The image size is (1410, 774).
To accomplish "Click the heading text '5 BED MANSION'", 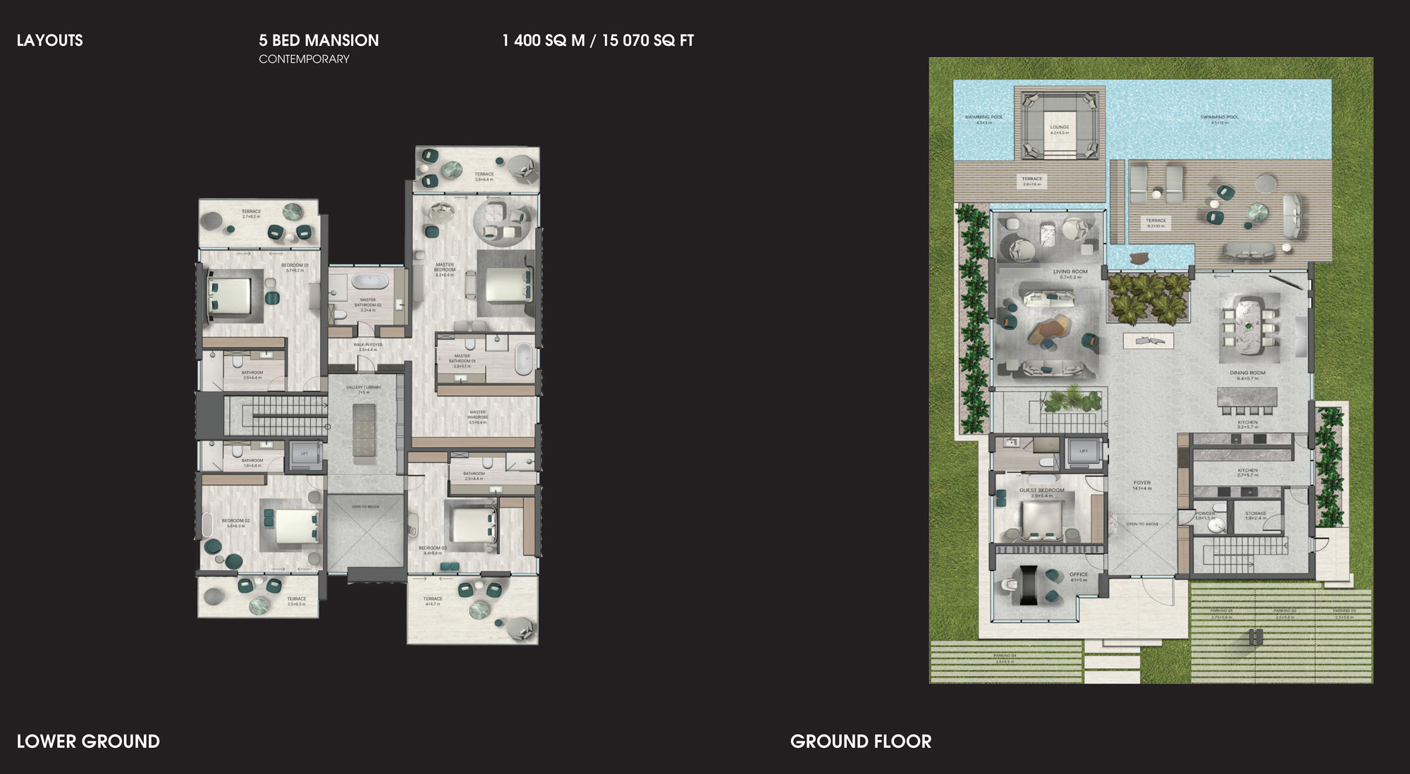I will (x=319, y=41).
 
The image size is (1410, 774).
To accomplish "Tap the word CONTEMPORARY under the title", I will (x=304, y=59).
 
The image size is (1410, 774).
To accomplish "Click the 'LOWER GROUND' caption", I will (x=88, y=742).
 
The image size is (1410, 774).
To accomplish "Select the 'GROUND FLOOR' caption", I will (x=861, y=742).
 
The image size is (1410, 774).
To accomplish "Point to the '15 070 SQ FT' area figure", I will (x=648, y=41).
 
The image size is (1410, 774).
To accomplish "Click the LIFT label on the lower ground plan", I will (x=305, y=454).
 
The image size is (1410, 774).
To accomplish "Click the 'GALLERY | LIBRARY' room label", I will (x=364, y=388).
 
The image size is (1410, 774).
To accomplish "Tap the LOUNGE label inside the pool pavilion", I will (x=1060, y=128).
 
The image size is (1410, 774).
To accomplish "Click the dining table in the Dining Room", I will (x=1249, y=321).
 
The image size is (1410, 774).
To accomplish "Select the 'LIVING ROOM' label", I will (x=1070, y=272).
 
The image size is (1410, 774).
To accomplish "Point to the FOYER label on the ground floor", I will (x=1142, y=484).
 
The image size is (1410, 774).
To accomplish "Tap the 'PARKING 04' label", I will (x=1005, y=656).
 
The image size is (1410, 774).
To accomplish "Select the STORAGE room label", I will (x=1256, y=514).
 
